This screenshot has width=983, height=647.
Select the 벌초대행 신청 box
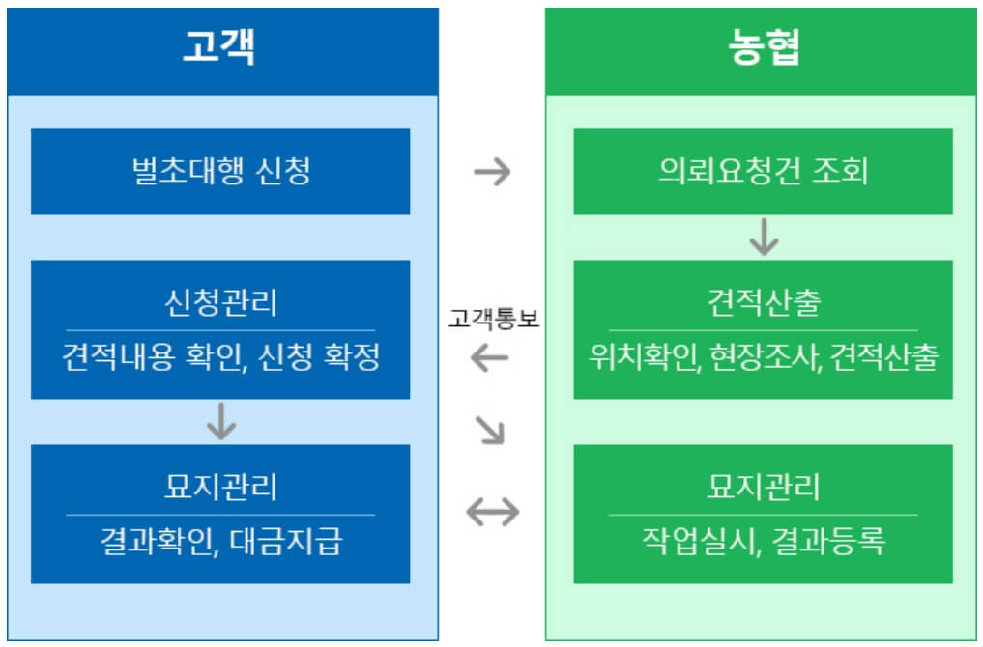pos(220,172)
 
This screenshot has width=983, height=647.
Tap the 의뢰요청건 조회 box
pos(763,172)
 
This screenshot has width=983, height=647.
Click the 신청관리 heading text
pos(220,302)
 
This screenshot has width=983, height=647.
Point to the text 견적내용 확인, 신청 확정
pos(220,358)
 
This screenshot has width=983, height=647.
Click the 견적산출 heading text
pos(763,302)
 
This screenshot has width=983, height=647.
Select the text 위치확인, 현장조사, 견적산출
pos(763,358)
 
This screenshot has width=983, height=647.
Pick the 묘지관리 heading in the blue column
pos(220,487)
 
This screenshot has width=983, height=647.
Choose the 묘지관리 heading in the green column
pos(763,487)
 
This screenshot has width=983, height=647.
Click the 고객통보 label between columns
pos(493,320)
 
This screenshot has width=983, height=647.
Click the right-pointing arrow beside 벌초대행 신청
pos(492,173)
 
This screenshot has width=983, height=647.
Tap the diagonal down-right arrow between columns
pos(491,431)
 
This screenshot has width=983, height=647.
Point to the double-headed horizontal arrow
pos(492,513)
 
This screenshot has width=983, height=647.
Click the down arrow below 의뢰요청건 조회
pos(764,237)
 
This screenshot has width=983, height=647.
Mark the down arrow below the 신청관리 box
pos(221,421)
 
